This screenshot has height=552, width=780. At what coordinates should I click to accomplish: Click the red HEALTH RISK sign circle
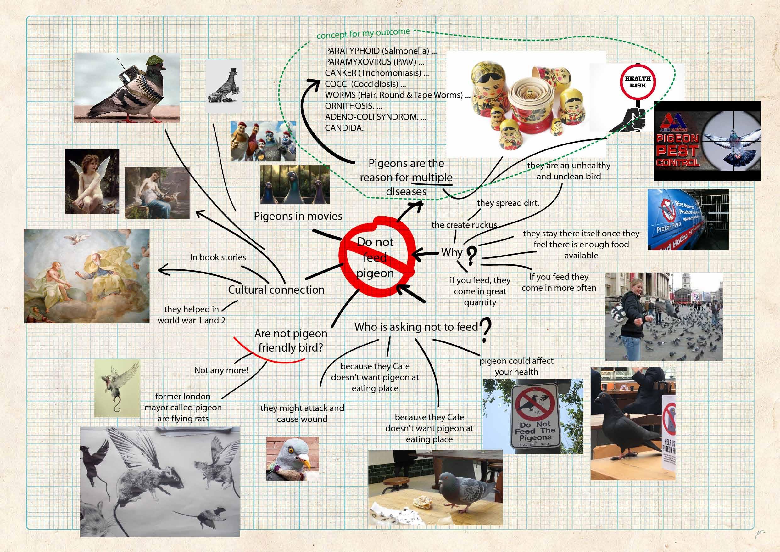[638, 82]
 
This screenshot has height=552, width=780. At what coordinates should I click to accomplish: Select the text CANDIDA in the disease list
[344, 128]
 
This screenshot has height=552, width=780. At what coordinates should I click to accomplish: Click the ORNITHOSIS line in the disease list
[353, 106]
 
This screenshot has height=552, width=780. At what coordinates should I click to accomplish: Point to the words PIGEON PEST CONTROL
[677, 150]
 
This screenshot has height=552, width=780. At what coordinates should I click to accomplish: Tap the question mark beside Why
[471, 256]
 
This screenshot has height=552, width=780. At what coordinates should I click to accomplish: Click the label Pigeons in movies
[298, 216]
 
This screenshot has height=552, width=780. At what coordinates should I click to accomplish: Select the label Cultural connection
[276, 290]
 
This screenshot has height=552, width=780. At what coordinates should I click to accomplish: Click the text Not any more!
[221, 370]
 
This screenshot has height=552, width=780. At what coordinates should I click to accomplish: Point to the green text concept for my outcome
[363, 34]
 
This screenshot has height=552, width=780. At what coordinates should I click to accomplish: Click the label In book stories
[218, 257]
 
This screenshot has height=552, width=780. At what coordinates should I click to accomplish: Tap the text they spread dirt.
[508, 203]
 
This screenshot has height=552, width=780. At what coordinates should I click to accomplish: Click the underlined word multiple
[432, 177]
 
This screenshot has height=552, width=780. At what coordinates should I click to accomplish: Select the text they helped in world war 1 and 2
[191, 314]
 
